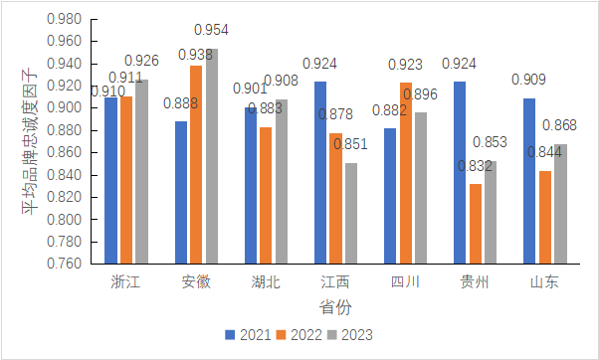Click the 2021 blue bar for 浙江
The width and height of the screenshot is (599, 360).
(110, 181)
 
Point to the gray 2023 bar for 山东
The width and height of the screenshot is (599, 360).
(561, 204)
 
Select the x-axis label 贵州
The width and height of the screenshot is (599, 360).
(476, 282)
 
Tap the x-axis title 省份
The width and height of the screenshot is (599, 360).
(335, 307)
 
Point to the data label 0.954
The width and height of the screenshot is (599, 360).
(211, 30)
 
